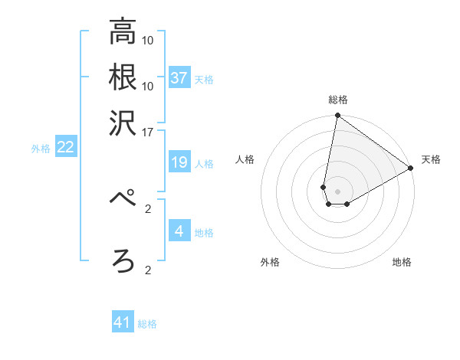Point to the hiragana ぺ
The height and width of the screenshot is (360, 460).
tap(123, 197)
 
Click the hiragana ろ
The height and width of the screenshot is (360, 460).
tap(123, 260)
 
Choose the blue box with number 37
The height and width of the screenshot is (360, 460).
tap(179, 78)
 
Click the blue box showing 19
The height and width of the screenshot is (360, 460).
tap(179, 162)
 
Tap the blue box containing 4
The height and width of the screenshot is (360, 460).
tap(179, 231)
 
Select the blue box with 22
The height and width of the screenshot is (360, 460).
tap(65, 148)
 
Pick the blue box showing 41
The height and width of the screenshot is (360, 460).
tap(123, 322)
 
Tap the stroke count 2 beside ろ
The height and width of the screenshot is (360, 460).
tap(148, 270)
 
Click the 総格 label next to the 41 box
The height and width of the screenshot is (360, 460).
tap(147, 324)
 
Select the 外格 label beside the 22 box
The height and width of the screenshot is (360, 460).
tap(41, 149)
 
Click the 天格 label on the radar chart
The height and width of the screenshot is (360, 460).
tap(431, 159)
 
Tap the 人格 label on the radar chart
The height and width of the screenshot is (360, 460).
tap(245, 159)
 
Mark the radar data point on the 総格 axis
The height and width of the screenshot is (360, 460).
tap(337, 116)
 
